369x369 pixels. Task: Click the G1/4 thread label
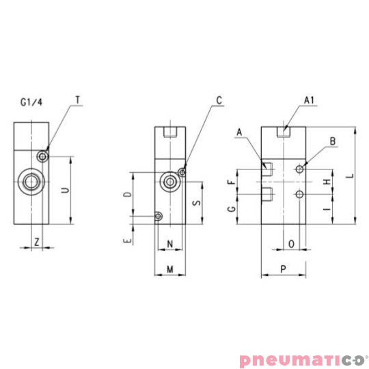click(x=31, y=103)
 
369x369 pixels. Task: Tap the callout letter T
click(x=77, y=100)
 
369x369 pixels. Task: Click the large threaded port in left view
click(x=31, y=181)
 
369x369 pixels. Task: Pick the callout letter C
click(x=219, y=100)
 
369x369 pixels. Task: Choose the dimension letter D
click(x=126, y=195)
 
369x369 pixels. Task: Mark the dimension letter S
click(x=195, y=202)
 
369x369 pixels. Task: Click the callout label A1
click(x=308, y=100)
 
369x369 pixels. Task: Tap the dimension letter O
click(x=291, y=243)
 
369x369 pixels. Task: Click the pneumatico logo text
click(x=301, y=359)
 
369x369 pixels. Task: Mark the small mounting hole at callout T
click(x=43, y=156)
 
